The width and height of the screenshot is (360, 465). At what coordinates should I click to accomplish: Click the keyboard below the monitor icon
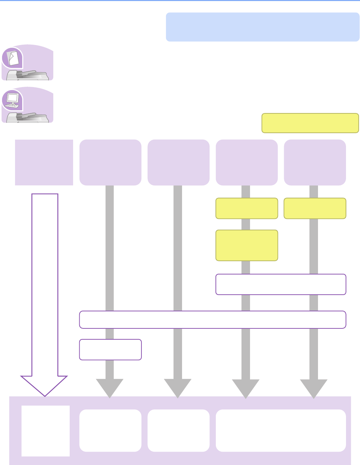click(12, 106)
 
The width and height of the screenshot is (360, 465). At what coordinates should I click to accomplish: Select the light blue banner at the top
click(262, 27)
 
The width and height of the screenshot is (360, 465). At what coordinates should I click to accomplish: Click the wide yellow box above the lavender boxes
click(310, 123)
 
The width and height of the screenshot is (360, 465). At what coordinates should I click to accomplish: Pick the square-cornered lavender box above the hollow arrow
click(44, 163)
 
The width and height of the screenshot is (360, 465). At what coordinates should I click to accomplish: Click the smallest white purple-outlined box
click(110, 350)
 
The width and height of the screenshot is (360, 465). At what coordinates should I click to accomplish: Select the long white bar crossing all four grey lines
click(212, 320)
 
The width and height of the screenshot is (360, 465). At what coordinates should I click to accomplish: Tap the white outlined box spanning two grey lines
click(281, 284)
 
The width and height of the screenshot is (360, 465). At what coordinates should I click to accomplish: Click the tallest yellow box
click(247, 245)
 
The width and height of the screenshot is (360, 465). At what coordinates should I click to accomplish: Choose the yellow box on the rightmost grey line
click(315, 208)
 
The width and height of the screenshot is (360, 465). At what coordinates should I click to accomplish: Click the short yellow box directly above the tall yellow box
click(247, 208)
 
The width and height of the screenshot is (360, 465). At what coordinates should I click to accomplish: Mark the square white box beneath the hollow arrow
click(45, 431)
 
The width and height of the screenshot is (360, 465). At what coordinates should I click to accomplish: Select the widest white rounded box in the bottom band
click(281, 431)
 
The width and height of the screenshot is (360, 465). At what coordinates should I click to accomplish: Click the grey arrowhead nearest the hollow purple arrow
click(110, 388)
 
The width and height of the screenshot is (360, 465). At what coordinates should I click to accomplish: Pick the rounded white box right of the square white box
click(110, 431)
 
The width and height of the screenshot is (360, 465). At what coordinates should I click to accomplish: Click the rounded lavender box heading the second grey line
click(178, 163)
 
